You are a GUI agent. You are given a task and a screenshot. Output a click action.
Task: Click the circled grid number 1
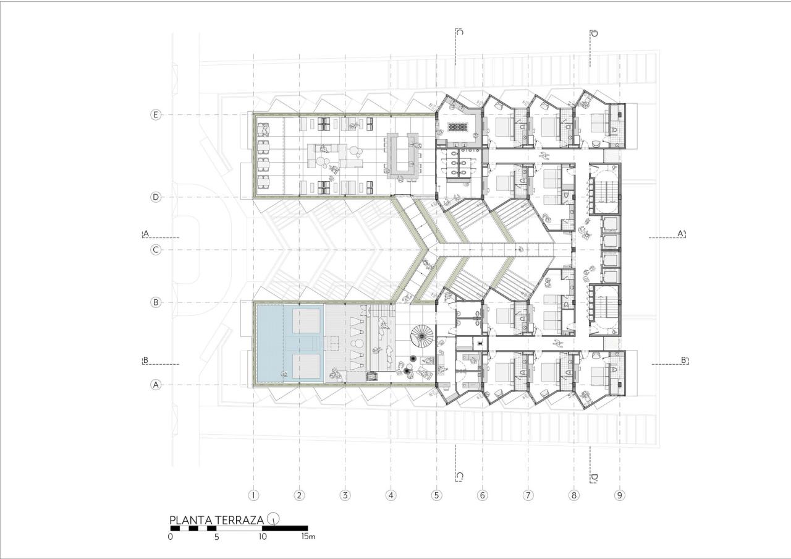point(253,495)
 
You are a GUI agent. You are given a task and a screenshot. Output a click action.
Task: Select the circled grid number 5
point(437,495)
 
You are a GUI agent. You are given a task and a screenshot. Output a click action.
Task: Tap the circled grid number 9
point(620,495)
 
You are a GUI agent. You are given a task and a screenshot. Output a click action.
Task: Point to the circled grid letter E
point(156,115)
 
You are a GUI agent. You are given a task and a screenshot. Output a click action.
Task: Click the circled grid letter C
point(156,250)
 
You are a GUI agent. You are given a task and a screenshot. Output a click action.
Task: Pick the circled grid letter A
point(156,385)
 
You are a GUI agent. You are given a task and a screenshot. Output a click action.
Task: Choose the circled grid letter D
point(156,197)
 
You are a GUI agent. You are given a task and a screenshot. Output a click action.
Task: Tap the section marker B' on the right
point(684,361)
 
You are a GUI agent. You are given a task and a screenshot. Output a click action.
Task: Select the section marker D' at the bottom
point(593,477)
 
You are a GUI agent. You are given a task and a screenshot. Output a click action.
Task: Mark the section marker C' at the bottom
point(459,477)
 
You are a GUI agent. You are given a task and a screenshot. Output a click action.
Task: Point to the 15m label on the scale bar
point(308,537)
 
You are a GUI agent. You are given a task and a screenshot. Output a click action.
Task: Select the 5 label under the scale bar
point(216,537)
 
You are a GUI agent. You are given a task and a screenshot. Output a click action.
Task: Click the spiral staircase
point(423,338)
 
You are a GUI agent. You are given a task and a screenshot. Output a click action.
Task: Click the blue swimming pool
point(288,344)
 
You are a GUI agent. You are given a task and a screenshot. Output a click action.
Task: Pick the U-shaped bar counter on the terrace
point(403,156)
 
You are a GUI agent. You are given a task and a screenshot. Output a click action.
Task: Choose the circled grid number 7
point(528,495)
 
